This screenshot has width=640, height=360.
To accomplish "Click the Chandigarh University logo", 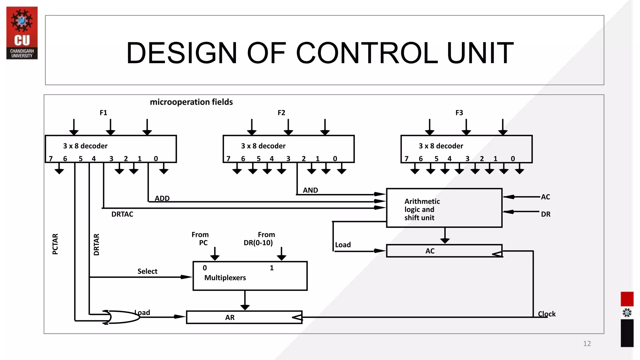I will pos(22,33).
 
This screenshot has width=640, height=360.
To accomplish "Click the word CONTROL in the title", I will pos(367,53).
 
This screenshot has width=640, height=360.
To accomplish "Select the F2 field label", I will pos(281,113).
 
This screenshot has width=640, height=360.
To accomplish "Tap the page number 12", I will pos(587,344).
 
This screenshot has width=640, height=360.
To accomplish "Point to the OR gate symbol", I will pos(122,317).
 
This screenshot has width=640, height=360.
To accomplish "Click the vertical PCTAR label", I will pos(55,244).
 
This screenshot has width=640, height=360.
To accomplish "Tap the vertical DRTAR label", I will pos(96,245).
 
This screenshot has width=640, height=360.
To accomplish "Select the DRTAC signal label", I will pos(122,214).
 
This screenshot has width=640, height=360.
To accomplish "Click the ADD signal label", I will pos(162,198).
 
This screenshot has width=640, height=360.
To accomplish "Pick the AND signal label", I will pos(310,190).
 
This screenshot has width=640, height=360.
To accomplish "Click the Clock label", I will pos(547,314).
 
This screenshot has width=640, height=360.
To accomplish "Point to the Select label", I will pos(147,271).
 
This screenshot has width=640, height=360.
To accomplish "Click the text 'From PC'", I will pos(200,239).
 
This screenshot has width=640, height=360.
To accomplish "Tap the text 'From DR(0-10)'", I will pos(259,239).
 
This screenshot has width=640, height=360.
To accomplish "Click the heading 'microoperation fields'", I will pos(191,102).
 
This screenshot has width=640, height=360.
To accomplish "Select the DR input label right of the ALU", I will pos(546,214).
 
